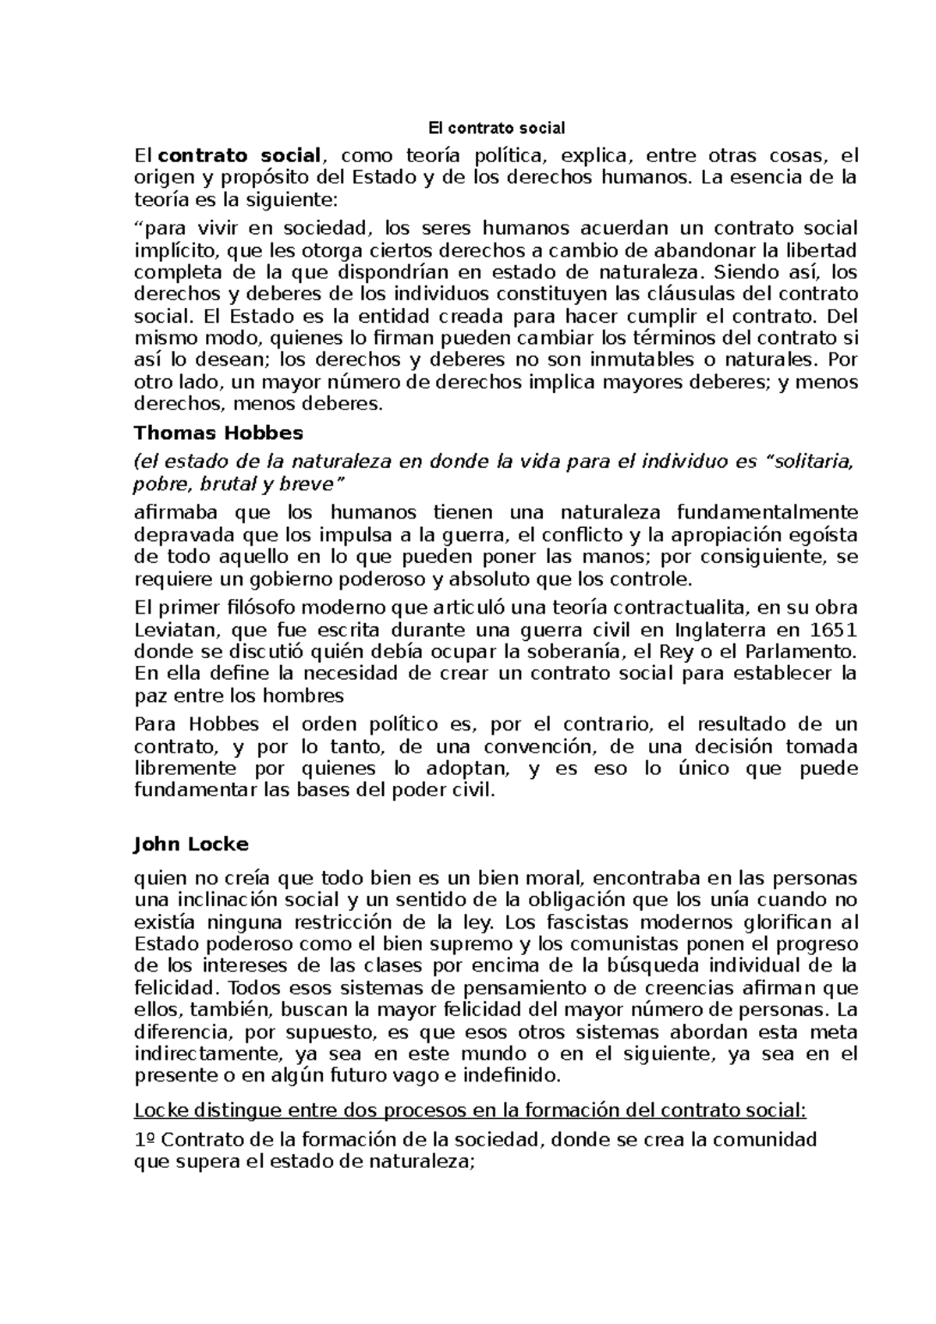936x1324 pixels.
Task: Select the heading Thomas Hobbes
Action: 218,432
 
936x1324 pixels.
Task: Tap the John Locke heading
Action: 191,844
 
